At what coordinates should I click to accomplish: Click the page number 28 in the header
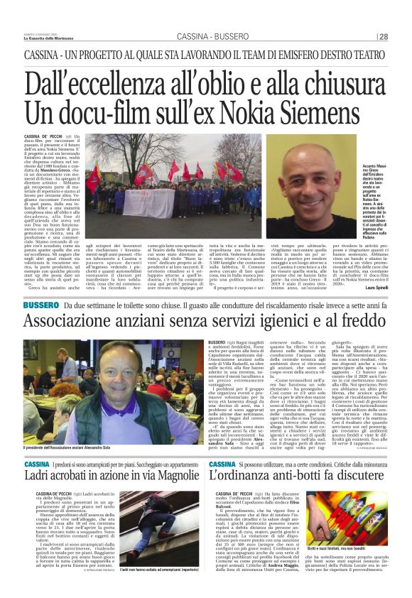(x=382, y=37)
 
